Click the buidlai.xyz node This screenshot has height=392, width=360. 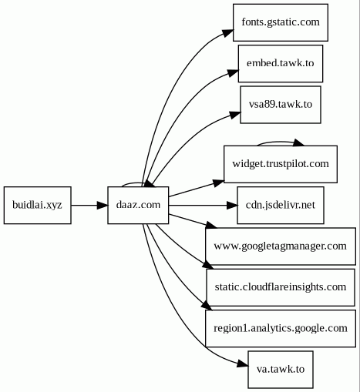(38, 205)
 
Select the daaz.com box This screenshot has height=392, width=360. (138, 205)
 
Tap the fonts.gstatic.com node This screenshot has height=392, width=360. (281, 22)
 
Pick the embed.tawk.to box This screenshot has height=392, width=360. (281, 63)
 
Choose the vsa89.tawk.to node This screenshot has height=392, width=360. (281, 105)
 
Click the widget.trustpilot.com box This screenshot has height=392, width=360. (281, 164)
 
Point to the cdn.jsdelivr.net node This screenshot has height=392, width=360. (281, 205)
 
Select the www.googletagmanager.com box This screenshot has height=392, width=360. (281, 246)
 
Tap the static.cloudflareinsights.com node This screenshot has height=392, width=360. (281, 287)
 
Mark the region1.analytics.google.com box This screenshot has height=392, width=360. (281, 328)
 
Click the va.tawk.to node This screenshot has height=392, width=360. (281, 370)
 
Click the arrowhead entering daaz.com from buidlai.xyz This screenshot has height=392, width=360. (103, 205)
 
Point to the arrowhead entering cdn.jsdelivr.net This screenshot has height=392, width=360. (232, 205)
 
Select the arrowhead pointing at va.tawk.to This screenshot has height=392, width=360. (243, 364)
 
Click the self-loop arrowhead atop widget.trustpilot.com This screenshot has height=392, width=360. (299, 142)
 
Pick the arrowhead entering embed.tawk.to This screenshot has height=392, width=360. (234, 72)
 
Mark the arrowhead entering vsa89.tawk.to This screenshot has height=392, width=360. (235, 115)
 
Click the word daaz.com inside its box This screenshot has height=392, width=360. (138, 205)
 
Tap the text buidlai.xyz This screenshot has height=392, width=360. (37, 205)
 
